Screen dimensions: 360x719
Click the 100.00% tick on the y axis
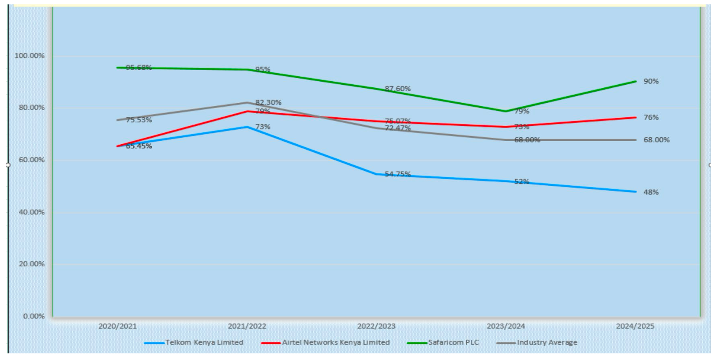click(x=30, y=56)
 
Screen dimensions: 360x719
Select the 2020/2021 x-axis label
click(x=117, y=326)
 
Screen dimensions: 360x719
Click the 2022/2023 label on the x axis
click(x=376, y=326)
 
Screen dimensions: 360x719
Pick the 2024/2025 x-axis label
click(x=635, y=326)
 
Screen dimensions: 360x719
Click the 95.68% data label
click(x=139, y=67)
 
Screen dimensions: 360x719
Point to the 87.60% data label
click(x=397, y=89)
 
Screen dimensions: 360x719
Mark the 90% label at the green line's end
click(x=651, y=81)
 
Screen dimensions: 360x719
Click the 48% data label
click(x=651, y=192)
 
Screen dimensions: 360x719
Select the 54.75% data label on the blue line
click(x=397, y=174)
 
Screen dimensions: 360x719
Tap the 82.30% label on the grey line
click(x=268, y=102)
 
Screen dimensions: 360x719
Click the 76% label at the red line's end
click(x=651, y=117)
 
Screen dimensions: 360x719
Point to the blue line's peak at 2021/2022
click(x=247, y=127)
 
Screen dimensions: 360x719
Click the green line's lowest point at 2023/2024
click(x=506, y=111)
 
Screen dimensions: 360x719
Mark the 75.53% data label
click(x=139, y=120)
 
